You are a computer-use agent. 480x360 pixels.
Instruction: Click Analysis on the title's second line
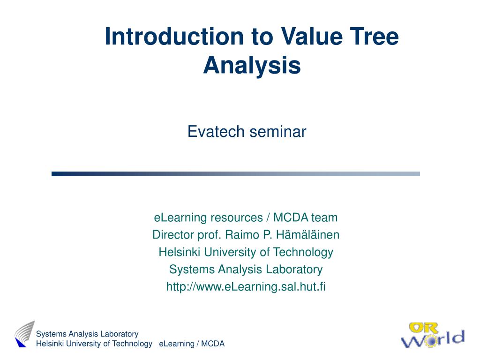click(252, 65)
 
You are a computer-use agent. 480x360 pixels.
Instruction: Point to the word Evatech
click(216, 132)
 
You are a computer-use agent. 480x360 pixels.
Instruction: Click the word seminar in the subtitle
click(277, 132)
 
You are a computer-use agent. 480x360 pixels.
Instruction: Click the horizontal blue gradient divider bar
click(235, 174)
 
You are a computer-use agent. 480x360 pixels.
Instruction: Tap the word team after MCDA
click(324, 217)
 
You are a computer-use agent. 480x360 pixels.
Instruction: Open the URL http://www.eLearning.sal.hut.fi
click(246, 286)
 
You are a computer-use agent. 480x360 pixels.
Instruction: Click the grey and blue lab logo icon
click(24, 334)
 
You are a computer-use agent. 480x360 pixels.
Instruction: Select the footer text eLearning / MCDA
click(192, 344)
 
